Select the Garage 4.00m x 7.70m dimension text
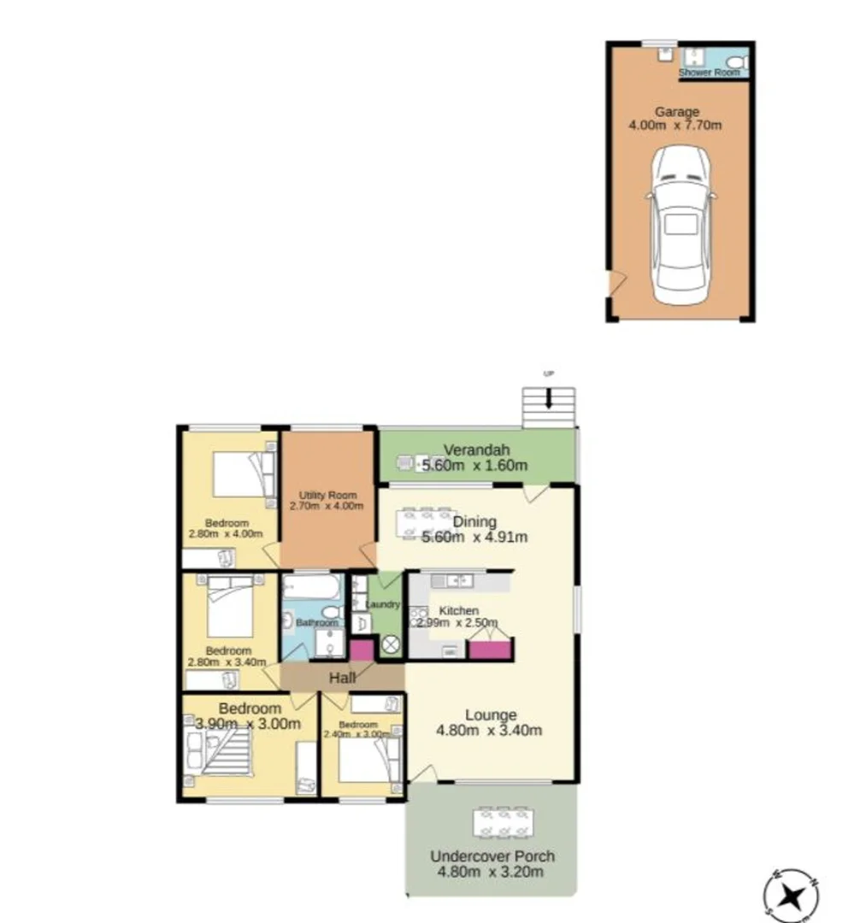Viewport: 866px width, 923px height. (675, 126)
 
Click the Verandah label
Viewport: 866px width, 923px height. (476, 450)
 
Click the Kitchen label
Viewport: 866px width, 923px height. (458, 611)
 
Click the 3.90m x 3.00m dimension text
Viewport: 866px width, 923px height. (248, 724)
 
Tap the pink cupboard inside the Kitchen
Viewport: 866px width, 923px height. (490, 650)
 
